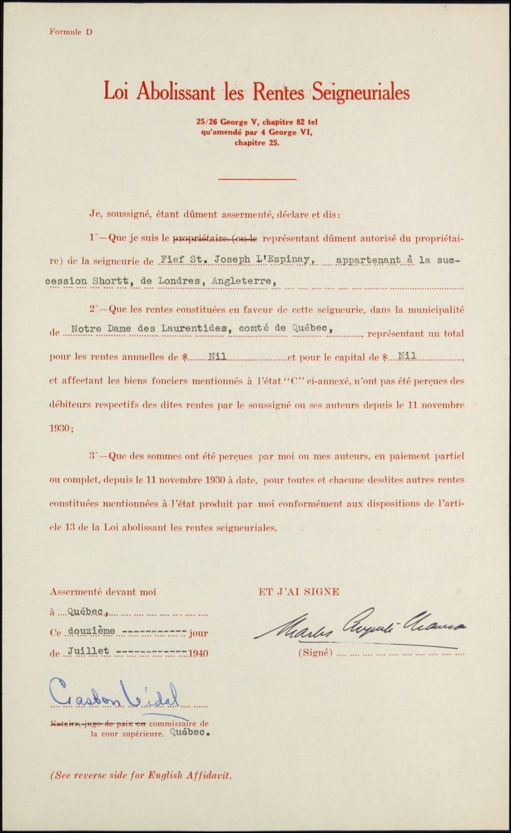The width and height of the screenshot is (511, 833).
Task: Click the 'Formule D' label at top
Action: click(x=71, y=32)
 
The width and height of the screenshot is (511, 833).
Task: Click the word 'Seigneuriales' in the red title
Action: click(x=361, y=93)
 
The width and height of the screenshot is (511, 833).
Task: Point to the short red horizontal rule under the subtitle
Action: click(x=257, y=179)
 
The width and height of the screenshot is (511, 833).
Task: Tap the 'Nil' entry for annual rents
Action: click(x=217, y=357)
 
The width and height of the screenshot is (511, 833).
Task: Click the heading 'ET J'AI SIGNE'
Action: click(x=299, y=592)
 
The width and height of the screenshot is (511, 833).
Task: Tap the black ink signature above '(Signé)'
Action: click(x=359, y=625)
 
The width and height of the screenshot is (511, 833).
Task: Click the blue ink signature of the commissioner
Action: click(x=115, y=693)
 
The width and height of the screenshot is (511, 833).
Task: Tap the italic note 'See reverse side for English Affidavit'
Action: click(x=141, y=776)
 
